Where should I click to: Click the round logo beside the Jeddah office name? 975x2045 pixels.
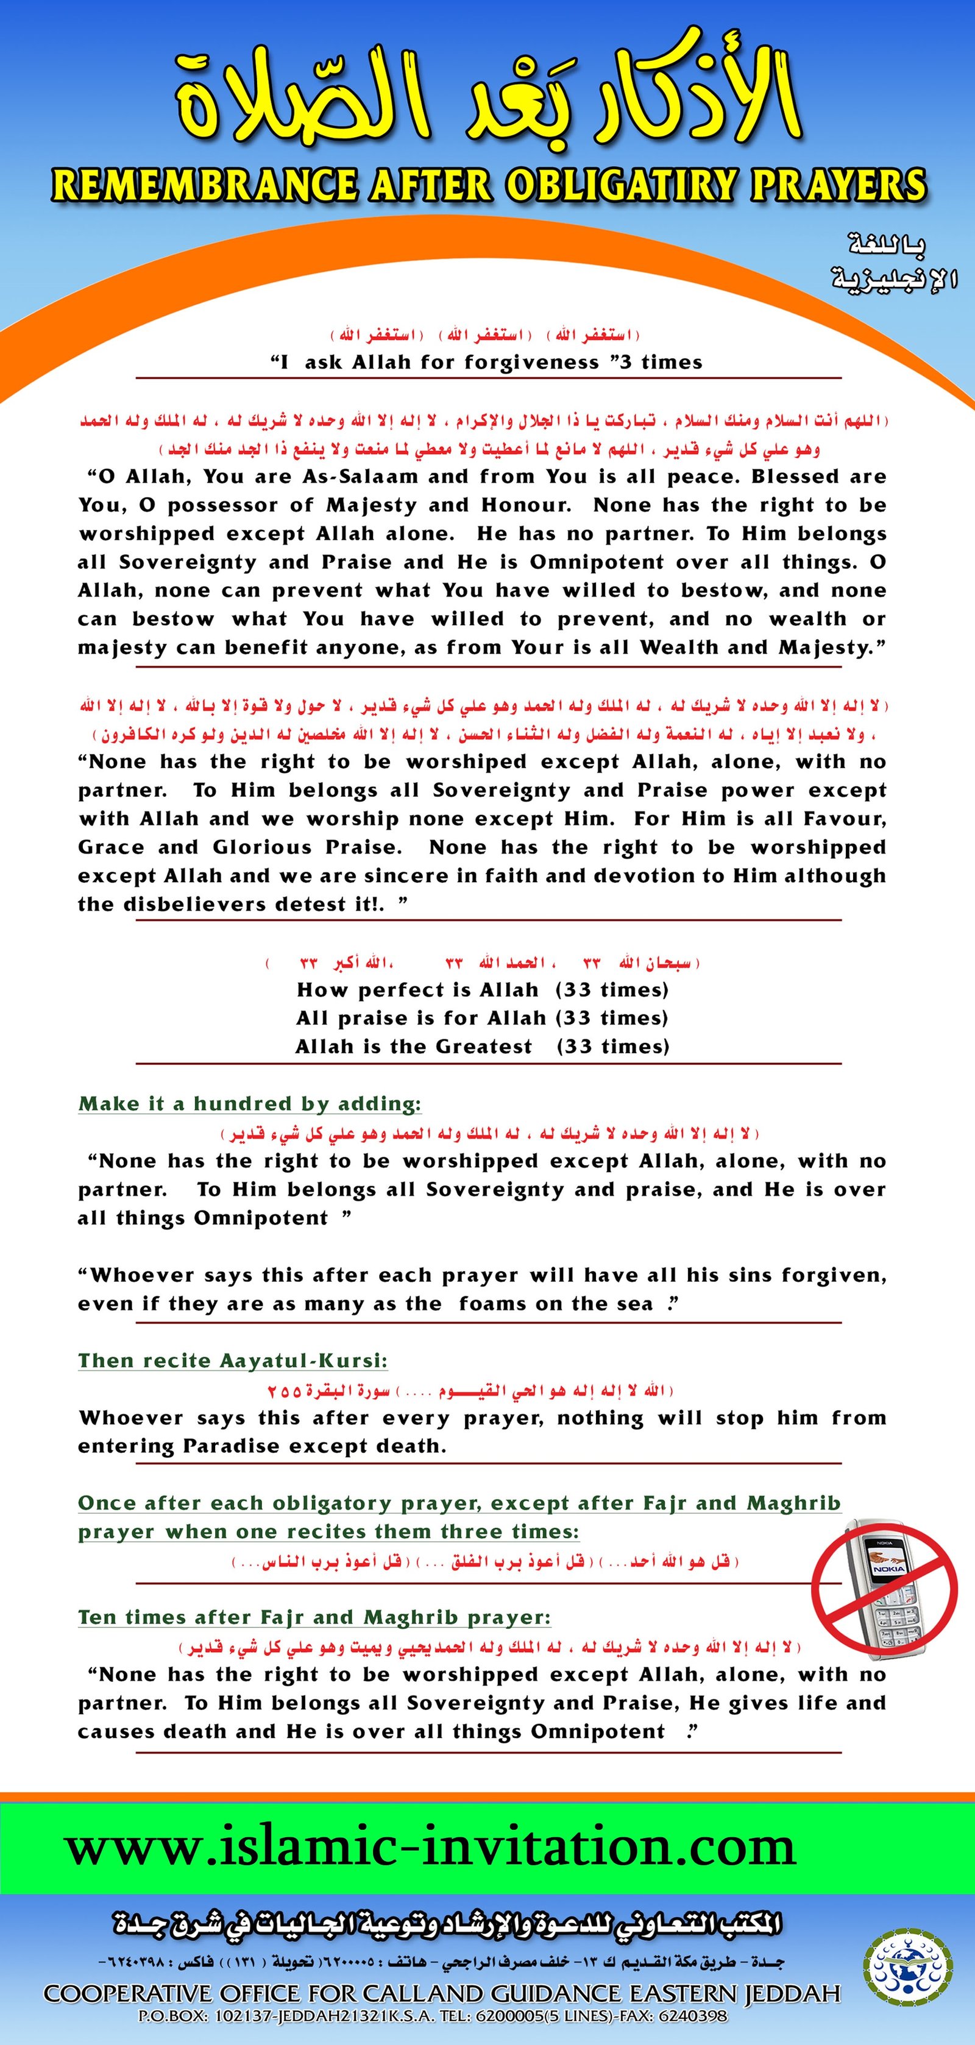(x=907, y=1967)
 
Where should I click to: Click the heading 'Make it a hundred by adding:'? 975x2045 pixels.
(x=249, y=1103)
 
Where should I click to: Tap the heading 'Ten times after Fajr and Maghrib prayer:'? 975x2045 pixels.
(x=314, y=1618)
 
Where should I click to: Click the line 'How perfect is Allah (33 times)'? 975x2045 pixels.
(x=483, y=990)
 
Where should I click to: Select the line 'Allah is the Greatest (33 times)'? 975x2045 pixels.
(x=483, y=1047)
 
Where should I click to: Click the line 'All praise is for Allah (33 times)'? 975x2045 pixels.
(x=483, y=1019)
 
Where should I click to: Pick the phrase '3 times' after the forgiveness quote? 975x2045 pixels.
(x=661, y=363)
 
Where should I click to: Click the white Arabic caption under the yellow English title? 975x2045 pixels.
(x=893, y=261)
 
